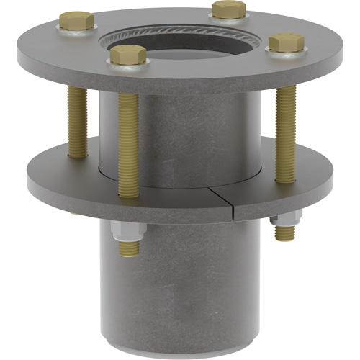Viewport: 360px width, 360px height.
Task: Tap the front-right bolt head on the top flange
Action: point(285,42)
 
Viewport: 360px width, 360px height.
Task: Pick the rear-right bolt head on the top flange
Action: point(230,9)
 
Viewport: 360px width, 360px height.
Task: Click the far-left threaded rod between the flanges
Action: point(77,122)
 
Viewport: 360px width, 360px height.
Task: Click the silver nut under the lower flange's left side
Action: point(127,232)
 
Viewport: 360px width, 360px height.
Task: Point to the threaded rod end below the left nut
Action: point(129,248)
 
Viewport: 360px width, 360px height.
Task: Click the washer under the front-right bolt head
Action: point(285,52)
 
